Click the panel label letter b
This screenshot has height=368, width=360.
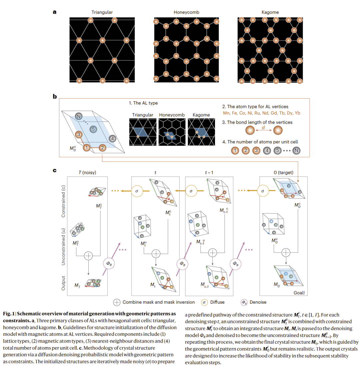[x=54, y=97]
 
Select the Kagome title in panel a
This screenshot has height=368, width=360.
[x=270, y=12]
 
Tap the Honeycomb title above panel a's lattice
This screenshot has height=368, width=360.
[x=184, y=12]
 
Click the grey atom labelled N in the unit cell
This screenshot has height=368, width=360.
[x=79, y=116]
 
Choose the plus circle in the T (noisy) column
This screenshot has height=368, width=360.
[x=88, y=255]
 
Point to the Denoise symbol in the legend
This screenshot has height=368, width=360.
[x=244, y=302]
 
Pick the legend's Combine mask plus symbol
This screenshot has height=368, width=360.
[x=117, y=302]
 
